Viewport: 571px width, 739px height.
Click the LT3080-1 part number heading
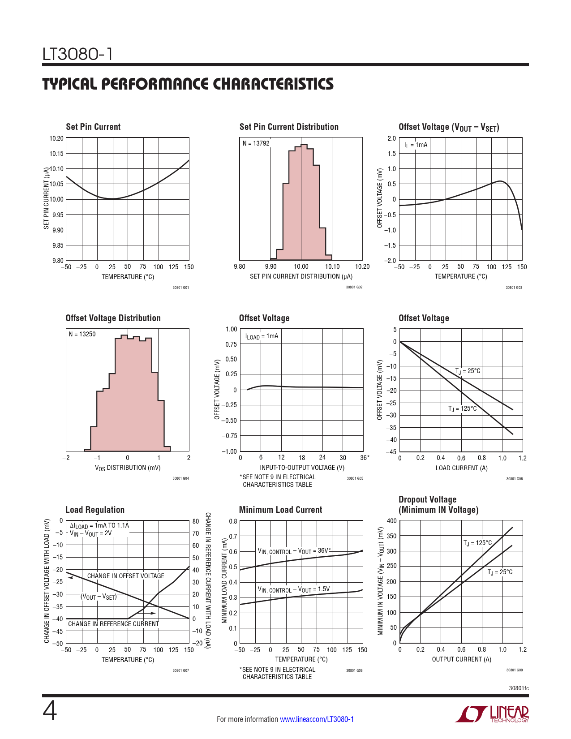click(77, 54)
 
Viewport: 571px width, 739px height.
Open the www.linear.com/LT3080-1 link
click(317, 719)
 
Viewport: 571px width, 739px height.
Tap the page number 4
click(49, 711)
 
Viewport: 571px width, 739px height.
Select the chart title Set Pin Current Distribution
click(289, 127)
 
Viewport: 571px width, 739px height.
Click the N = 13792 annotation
click(256, 143)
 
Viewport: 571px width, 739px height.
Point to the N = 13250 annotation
click(82, 334)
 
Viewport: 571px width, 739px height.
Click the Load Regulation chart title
click(95, 510)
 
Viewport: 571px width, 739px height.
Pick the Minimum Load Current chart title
click(280, 510)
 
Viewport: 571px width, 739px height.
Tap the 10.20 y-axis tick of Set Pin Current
click(56, 138)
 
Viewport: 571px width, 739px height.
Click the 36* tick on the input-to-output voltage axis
click(365, 458)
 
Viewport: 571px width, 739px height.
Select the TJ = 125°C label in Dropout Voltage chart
click(477, 543)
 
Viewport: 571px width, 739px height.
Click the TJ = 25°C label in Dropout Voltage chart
click(500, 572)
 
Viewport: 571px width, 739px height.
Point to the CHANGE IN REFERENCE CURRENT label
click(113, 624)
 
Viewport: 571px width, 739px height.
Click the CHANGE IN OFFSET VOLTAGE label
click(125, 576)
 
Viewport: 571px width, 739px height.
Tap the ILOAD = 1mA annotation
click(262, 336)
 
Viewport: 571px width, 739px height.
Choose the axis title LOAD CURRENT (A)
click(461, 468)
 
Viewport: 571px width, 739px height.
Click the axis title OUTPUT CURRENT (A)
click(461, 659)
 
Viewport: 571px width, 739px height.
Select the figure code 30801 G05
click(355, 479)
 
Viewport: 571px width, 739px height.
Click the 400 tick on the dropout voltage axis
click(391, 521)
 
